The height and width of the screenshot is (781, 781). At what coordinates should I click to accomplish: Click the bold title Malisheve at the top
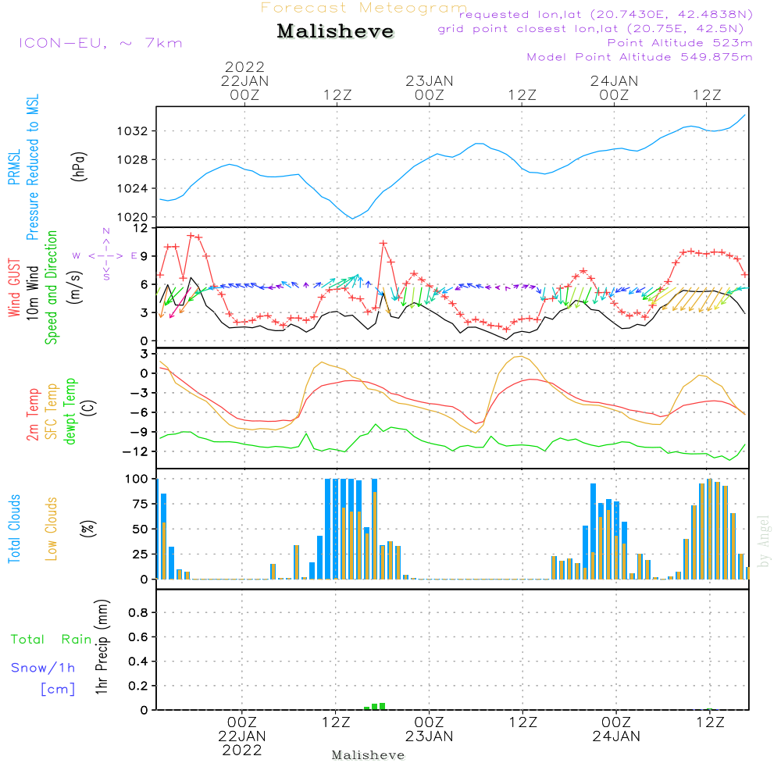(x=335, y=31)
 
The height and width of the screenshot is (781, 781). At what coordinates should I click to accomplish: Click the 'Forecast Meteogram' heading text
(x=364, y=8)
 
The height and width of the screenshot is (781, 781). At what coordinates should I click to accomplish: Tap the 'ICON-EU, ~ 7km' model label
(x=100, y=42)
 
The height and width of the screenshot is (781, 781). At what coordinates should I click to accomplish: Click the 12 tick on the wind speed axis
(x=141, y=228)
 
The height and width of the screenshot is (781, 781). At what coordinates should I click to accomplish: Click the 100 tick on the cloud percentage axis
(x=137, y=479)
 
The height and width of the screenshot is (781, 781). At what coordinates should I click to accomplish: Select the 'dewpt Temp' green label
(x=71, y=412)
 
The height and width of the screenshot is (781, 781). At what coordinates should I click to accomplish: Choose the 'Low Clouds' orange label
(x=52, y=528)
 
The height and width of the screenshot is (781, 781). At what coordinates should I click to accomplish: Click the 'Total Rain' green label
(x=52, y=639)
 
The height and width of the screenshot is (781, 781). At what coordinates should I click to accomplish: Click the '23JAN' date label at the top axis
(x=429, y=80)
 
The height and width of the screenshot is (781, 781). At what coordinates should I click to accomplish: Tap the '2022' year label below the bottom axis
(x=242, y=751)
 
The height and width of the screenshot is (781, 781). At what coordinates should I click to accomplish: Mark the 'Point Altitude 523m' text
(x=679, y=42)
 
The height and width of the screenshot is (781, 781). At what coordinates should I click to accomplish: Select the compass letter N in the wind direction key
(x=105, y=231)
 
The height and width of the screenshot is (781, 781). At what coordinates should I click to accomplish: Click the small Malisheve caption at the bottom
(x=368, y=755)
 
